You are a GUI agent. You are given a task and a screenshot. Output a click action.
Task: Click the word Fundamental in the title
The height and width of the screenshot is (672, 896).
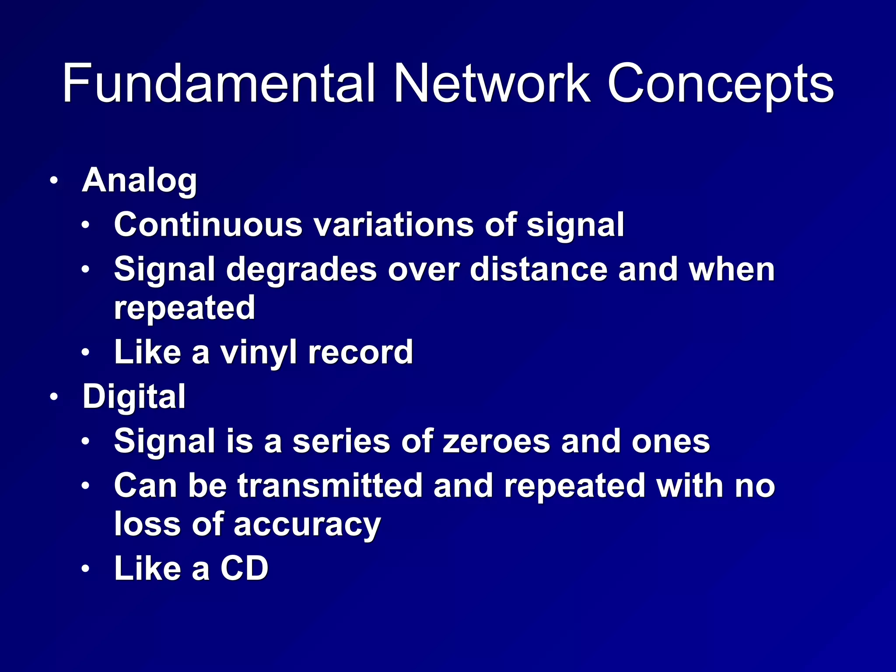pyautogui.click(x=219, y=83)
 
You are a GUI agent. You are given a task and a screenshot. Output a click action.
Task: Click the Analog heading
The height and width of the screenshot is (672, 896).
pyautogui.click(x=140, y=180)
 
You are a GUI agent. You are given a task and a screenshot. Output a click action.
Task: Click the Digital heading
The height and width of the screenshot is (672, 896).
pyautogui.click(x=134, y=396)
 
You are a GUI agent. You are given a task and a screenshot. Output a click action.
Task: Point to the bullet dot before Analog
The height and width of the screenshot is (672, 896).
pyautogui.click(x=53, y=180)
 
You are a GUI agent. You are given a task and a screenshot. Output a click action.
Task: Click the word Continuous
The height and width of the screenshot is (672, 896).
pyautogui.click(x=208, y=224)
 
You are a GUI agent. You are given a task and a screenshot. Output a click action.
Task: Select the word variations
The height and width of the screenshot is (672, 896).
pyautogui.click(x=394, y=224)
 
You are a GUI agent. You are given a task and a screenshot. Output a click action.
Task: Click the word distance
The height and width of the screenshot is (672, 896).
pyautogui.click(x=538, y=269)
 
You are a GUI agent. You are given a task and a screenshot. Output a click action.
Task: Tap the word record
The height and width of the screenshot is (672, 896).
pyautogui.click(x=360, y=352)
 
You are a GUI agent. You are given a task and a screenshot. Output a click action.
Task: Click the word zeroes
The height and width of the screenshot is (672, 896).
pyautogui.click(x=496, y=441)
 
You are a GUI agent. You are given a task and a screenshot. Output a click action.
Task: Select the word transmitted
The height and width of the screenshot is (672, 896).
pyautogui.click(x=330, y=486)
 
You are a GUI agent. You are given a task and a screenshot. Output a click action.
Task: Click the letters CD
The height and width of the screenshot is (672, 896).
pyautogui.click(x=244, y=568)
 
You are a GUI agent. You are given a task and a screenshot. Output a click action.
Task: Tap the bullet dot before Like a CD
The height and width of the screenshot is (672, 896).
pyautogui.click(x=85, y=569)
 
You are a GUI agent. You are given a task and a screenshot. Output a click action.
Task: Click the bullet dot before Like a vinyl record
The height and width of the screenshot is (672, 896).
pyautogui.click(x=85, y=352)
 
